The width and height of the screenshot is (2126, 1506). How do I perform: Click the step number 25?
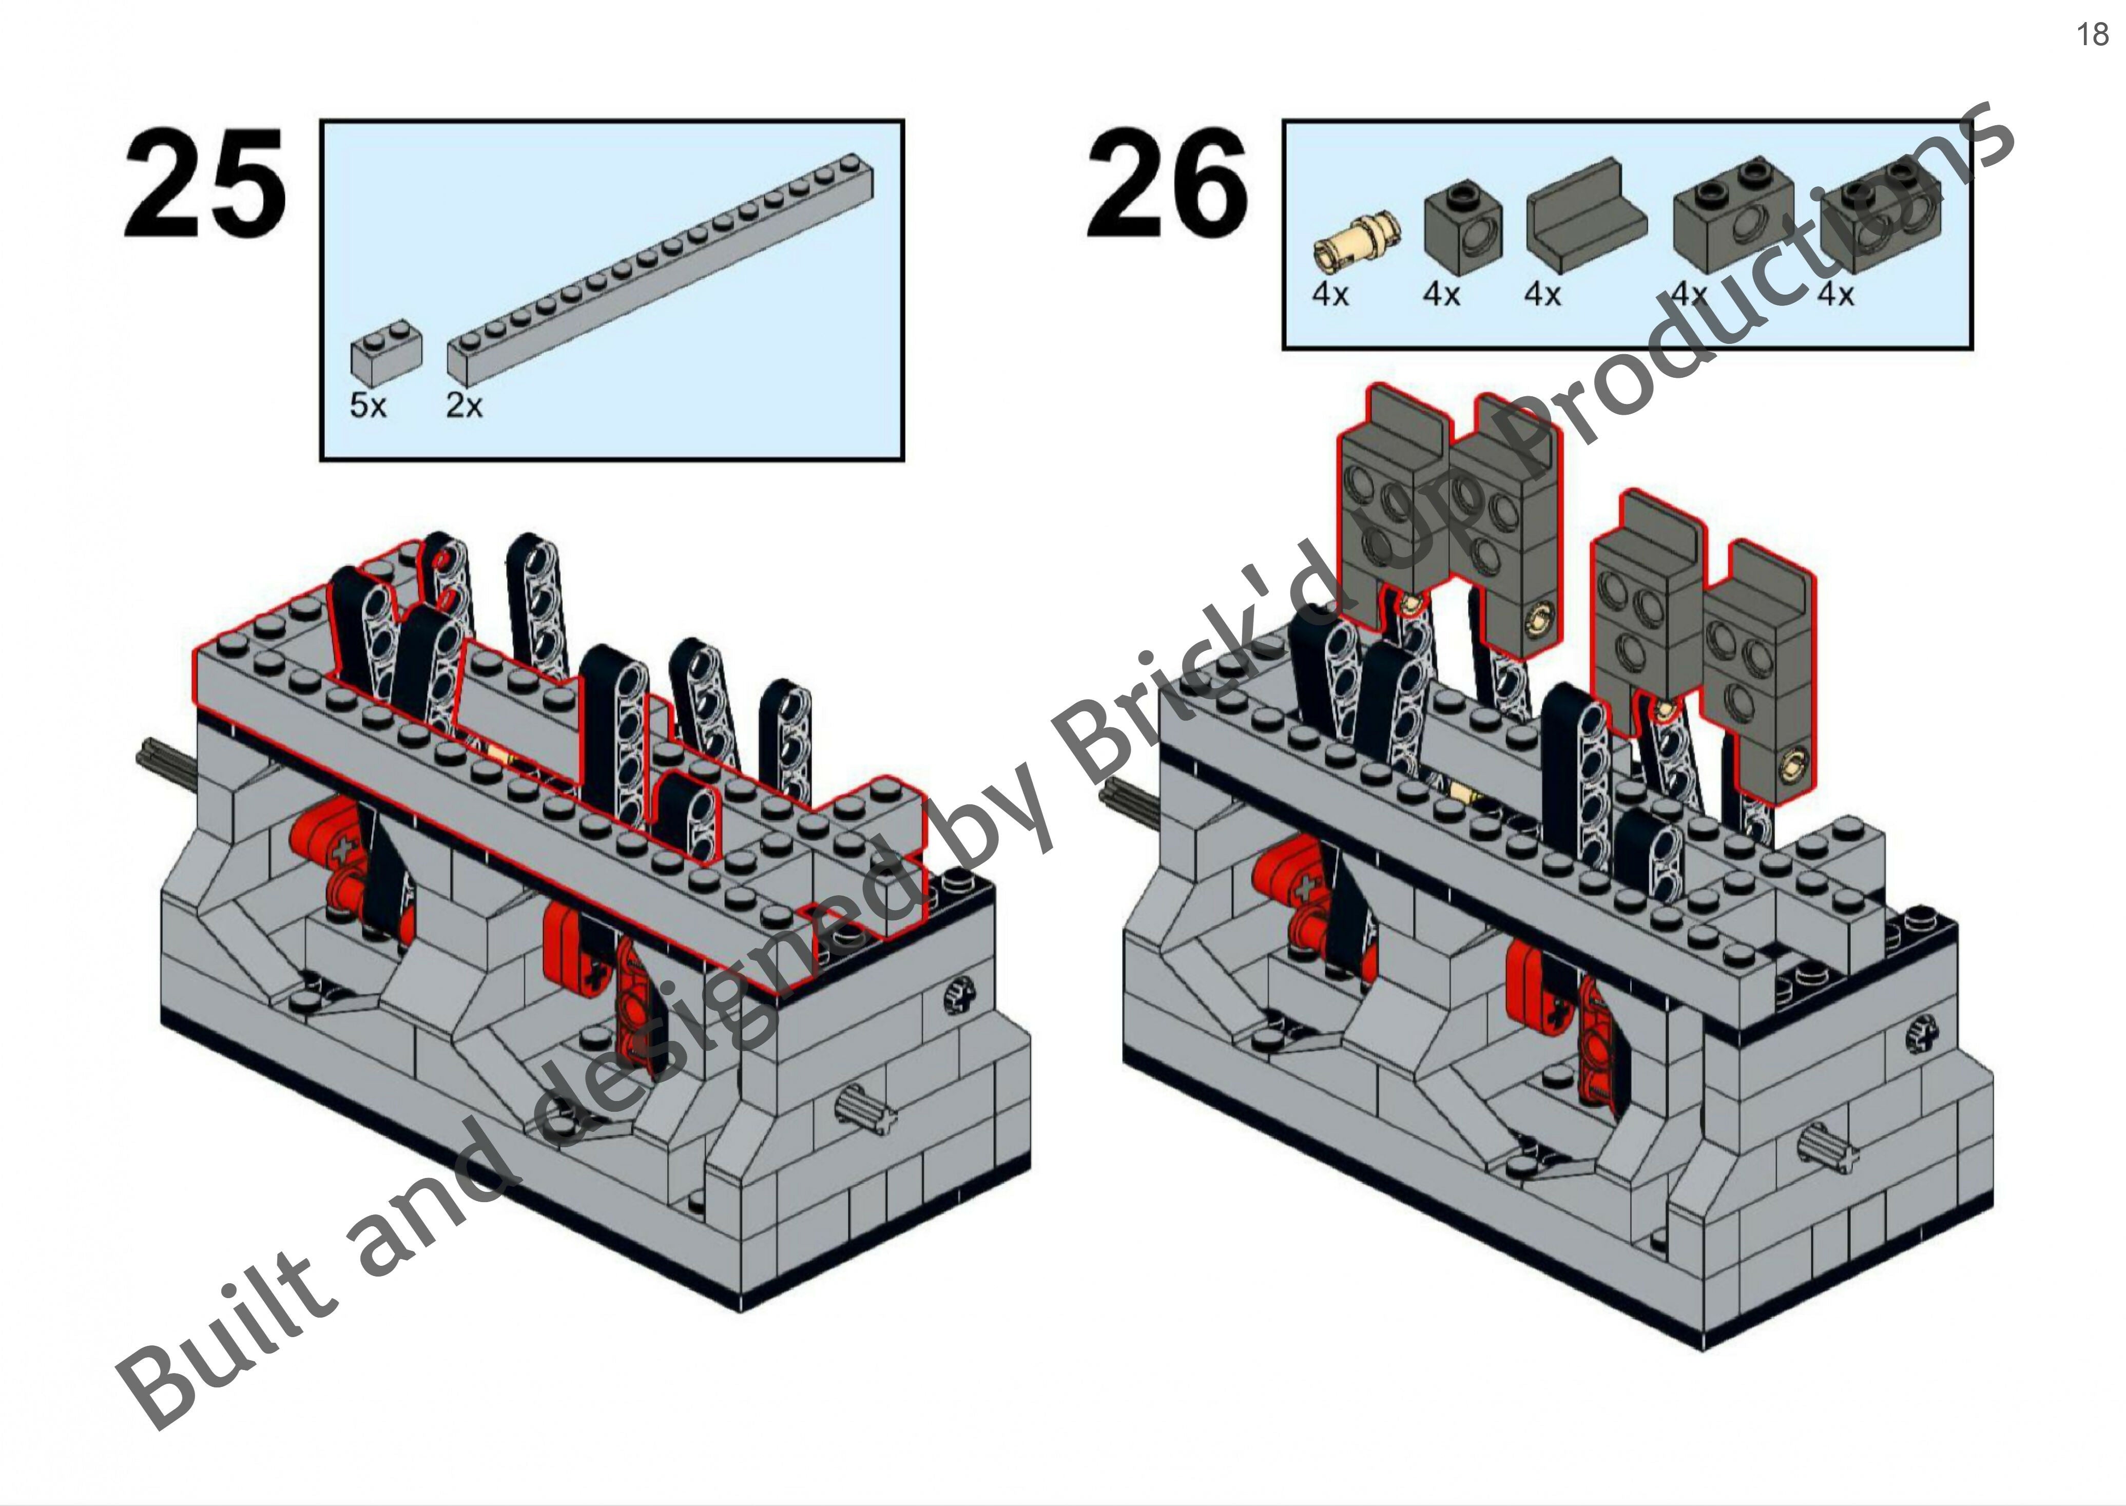point(204,184)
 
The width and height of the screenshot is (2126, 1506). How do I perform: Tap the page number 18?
point(2092,34)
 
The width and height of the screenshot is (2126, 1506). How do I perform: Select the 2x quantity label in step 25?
point(463,406)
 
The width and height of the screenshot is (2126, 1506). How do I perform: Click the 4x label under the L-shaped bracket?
point(1542,295)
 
